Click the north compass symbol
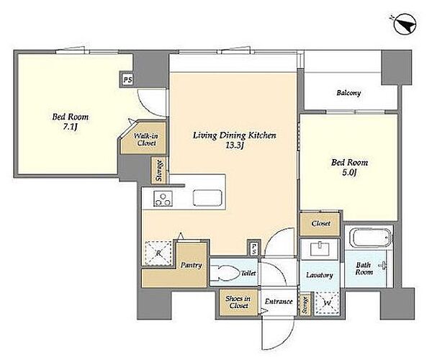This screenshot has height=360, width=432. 405,24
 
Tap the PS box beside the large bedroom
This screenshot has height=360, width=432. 127,80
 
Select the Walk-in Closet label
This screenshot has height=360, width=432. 145,140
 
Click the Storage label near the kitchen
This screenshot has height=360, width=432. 159,171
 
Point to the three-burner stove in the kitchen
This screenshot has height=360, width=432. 163,199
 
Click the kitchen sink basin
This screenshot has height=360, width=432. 207,197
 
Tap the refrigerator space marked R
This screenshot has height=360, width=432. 158,253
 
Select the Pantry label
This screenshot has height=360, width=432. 192,265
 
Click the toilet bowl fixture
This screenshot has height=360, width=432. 225,273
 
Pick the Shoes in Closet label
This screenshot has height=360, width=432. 238,302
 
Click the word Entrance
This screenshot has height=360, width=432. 279,302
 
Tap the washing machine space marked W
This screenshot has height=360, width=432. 327,303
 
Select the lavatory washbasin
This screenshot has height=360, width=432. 320,249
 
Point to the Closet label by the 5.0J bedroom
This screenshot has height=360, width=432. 320,223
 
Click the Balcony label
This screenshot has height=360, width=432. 348,93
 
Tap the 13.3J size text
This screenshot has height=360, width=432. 234,145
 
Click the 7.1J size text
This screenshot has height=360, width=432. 71,127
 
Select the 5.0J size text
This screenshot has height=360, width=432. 350,173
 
